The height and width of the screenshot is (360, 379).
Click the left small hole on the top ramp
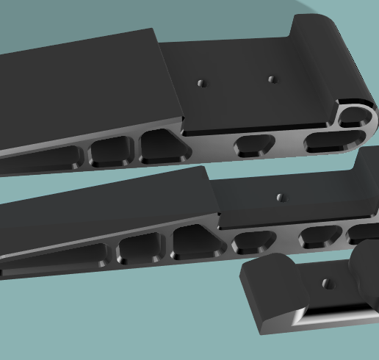pos(201,83)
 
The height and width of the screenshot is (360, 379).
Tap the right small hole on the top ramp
pos(272,79)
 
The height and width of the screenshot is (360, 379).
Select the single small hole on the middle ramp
pos(280,197)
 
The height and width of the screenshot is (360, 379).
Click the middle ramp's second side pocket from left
pos(140,249)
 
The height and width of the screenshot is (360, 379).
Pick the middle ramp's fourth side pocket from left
pos(254,240)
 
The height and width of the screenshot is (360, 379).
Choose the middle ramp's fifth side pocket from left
pos(320,236)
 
